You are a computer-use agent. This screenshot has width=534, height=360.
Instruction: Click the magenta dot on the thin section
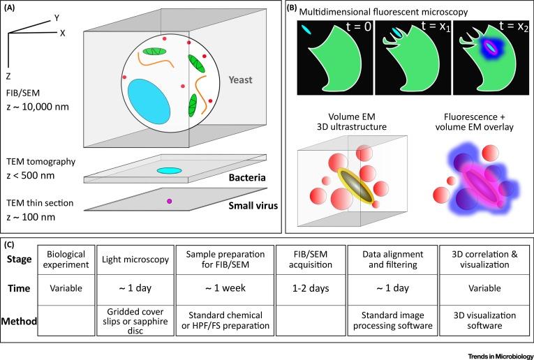coord(168,202)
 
